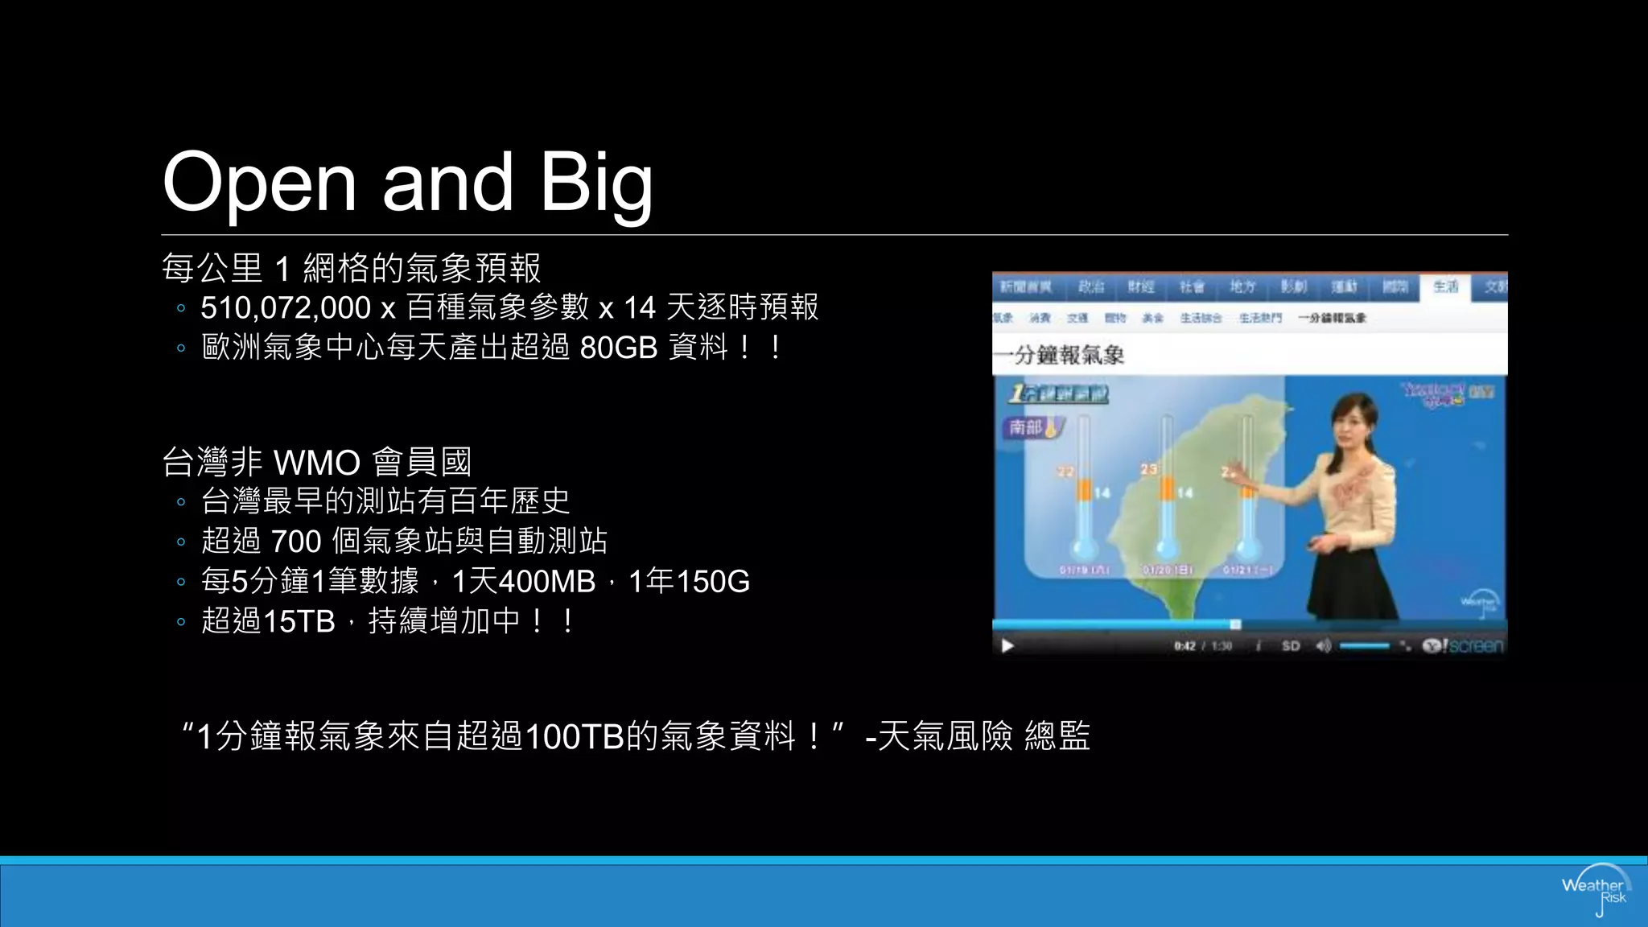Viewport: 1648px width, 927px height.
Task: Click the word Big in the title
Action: click(x=595, y=183)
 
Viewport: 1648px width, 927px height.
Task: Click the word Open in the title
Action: click(x=259, y=183)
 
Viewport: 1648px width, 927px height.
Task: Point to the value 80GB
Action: click(x=618, y=348)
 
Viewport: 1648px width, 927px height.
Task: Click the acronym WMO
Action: click(x=317, y=463)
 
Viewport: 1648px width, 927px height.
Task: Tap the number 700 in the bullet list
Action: click(x=296, y=542)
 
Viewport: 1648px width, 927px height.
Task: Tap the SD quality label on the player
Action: click(x=1291, y=645)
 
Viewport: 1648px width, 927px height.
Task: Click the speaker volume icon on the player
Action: click(x=1323, y=645)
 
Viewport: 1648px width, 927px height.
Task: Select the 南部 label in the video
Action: click(x=1027, y=426)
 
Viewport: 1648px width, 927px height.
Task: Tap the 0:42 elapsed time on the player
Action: click(x=1184, y=645)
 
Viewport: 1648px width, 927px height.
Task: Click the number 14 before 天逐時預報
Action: click(x=640, y=308)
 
